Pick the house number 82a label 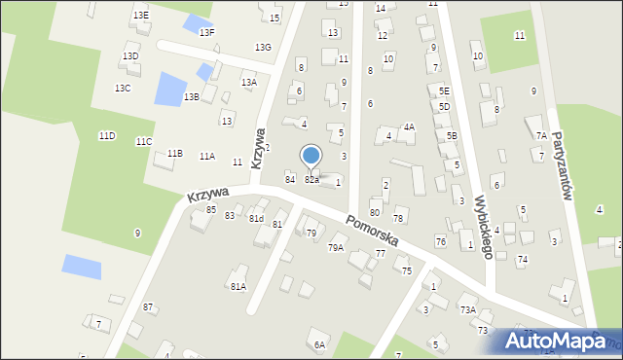(311, 180)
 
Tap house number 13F (207, 32)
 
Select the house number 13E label (141, 16)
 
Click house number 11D (106, 136)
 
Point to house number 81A (238, 286)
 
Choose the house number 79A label (335, 248)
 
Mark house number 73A (468, 309)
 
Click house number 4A (410, 126)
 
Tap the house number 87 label (148, 307)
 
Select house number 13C (122, 89)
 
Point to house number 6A (318, 344)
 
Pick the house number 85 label (211, 209)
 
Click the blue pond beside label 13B (170, 90)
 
